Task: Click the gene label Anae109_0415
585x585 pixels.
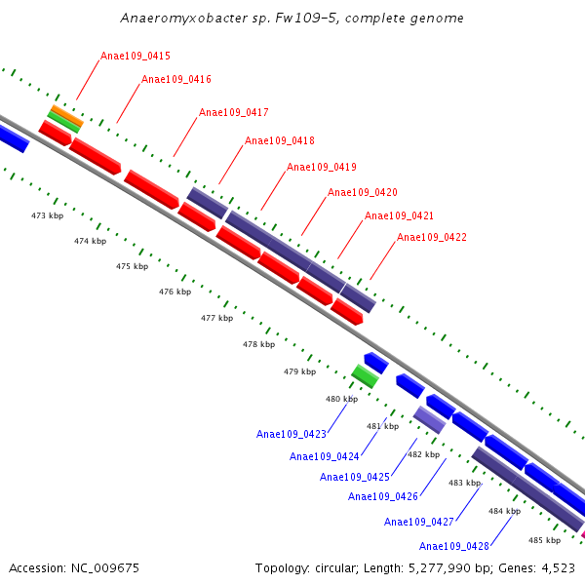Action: (136, 57)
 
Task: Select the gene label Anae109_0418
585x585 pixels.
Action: (280, 141)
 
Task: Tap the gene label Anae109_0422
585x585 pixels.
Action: (432, 238)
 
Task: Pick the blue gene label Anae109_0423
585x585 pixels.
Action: (292, 435)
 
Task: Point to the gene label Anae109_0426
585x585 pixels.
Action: (383, 497)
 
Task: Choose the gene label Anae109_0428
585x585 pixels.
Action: (454, 546)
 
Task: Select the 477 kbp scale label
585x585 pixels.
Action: (217, 319)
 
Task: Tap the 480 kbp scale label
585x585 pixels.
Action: (341, 399)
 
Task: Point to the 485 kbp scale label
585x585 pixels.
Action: (544, 540)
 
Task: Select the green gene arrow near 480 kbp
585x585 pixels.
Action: (365, 375)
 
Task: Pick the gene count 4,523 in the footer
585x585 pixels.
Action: (556, 567)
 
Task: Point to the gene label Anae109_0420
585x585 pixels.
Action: (363, 193)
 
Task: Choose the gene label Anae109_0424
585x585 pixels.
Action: (325, 456)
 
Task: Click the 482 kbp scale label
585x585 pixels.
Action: (423, 455)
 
